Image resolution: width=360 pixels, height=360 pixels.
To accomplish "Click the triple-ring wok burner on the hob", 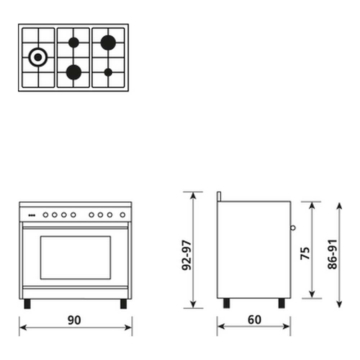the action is tap(38, 57).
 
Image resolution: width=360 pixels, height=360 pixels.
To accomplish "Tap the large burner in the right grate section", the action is tap(108, 42).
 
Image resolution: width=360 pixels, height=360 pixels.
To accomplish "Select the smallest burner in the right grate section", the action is tap(108, 72).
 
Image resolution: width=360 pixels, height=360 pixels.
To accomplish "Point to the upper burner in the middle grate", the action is tap(74, 42).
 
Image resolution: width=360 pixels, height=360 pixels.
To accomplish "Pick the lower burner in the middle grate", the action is tap(74, 72).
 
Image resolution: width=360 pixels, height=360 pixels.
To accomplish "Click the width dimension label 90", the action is tap(74, 320).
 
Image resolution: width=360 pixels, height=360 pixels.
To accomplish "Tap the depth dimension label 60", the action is tap(255, 320).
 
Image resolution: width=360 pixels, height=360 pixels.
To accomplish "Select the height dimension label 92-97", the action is tap(186, 255).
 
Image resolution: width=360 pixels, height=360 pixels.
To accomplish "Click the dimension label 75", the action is tap(305, 253).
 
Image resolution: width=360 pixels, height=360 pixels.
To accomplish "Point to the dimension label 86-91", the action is tap(332, 254).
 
